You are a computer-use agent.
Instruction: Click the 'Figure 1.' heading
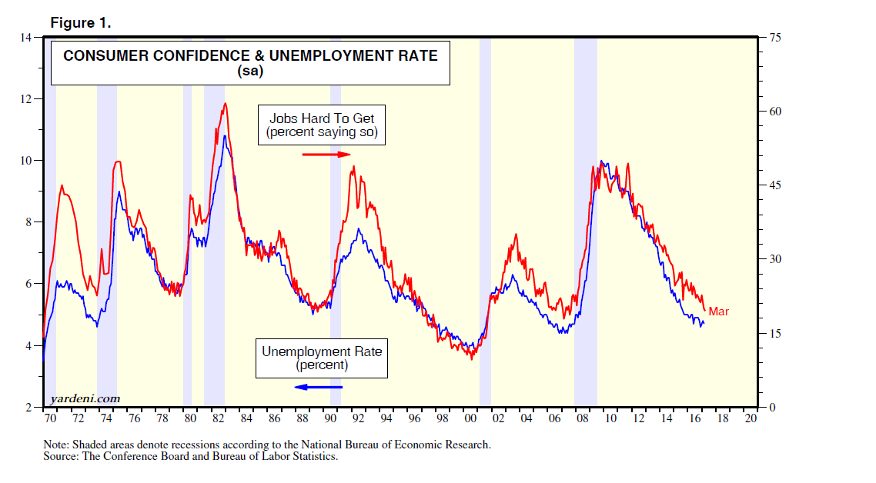click(x=81, y=22)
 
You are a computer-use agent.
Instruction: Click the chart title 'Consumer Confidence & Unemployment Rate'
click(x=250, y=56)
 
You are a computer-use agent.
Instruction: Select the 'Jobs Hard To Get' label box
click(x=322, y=125)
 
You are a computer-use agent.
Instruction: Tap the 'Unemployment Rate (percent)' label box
click(x=322, y=358)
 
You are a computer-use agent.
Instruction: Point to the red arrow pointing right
click(x=326, y=155)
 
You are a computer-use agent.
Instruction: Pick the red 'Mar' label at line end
click(x=718, y=311)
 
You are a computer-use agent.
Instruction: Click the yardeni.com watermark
click(x=85, y=398)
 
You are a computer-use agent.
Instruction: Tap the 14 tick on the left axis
click(x=35, y=37)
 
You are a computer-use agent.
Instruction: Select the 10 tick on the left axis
click(x=35, y=161)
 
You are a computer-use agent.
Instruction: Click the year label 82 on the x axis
click(x=218, y=419)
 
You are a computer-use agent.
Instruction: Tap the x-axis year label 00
click(x=470, y=419)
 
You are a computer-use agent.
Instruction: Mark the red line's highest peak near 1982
click(x=225, y=103)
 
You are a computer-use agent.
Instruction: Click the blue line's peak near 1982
click(x=225, y=136)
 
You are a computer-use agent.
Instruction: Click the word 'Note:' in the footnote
click(x=56, y=445)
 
